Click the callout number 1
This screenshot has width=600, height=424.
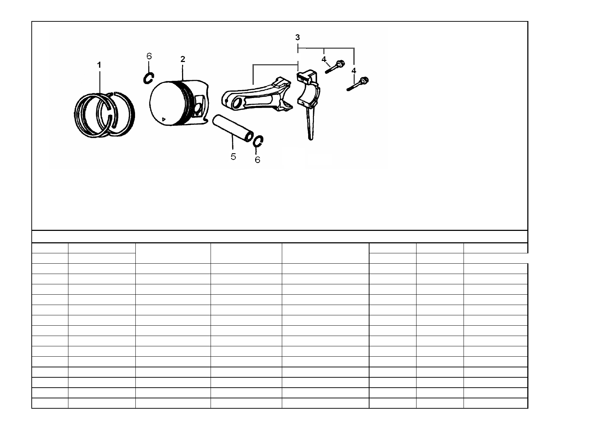click(x=99, y=65)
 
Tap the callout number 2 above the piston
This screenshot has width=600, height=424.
click(x=183, y=59)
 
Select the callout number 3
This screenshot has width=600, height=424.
click(x=297, y=37)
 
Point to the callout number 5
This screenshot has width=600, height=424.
click(x=233, y=157)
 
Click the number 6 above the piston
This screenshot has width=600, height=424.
click(x=149, y=56)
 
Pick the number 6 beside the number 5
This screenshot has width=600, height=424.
click(x=257, y=160)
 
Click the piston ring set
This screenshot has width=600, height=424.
click(x=104, y=115)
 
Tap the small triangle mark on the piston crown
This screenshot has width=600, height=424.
click(x=164, y=119)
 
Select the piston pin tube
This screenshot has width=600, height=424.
click(x=233, y=128)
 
